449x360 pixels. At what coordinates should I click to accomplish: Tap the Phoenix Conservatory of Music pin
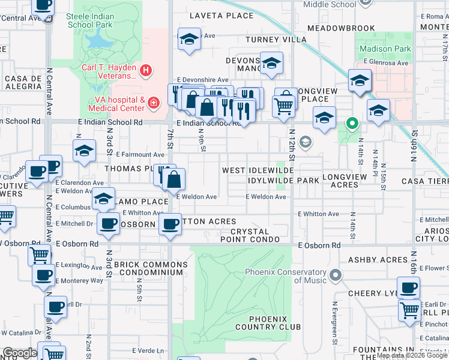335,276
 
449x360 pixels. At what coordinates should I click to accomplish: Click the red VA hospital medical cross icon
154,103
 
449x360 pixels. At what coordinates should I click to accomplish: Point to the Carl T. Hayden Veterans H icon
145,71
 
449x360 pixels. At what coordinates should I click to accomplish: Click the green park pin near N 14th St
351,124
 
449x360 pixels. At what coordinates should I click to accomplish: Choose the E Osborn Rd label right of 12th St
319,245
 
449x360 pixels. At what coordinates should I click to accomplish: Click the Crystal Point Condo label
255,235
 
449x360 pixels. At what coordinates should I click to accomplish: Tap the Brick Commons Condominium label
151,268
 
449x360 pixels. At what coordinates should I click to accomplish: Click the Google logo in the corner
20,353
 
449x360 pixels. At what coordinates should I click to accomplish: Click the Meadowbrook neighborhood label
341,28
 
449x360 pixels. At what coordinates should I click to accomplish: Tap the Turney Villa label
271,40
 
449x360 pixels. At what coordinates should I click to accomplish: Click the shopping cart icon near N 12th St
283,106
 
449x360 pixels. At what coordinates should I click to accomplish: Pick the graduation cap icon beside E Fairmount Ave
84,151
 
